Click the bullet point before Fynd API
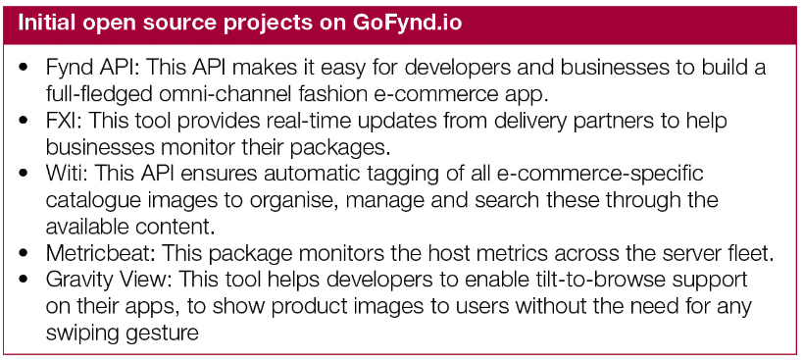[24, 67]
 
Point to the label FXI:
[64, 121]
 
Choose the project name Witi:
[65, 174]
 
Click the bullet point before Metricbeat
[24, 253]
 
